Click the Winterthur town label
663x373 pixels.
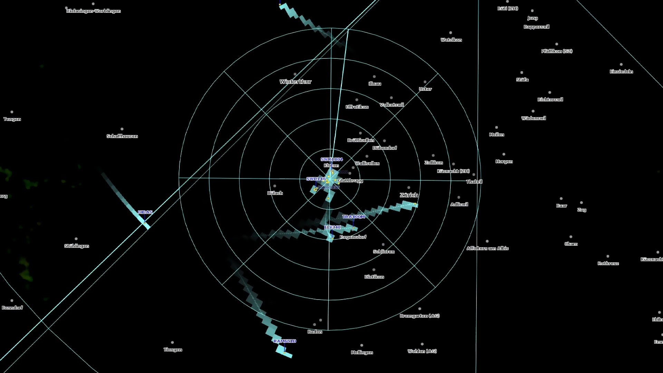click(x=295, y=82)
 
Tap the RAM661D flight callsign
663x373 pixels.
click(x=285, y=341)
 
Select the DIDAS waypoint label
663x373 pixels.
click(x=145, y=212)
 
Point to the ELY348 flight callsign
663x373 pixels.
click(x=333, y=227)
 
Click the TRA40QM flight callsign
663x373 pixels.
click(x=354, y=217)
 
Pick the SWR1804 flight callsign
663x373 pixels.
click(x=331, y=160)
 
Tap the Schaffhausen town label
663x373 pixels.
click(x=122, y=136)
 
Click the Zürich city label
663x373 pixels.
click(x=409, y=195)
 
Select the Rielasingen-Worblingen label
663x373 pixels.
click(x=94, y=11)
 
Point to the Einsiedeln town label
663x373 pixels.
click(x=621, y=71)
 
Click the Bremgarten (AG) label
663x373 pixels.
click(x=420, y=316)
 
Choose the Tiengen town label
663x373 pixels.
click(x=173, y=350)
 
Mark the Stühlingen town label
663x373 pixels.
click(x=77, y=246)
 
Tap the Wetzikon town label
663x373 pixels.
click(x=451, y=40)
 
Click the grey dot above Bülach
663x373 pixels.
click(x=275, y=186)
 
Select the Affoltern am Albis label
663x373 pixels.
click(x=488, y=248)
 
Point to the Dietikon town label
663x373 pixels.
click(x=374, y=277)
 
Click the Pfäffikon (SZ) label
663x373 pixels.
click(x=557, y=51)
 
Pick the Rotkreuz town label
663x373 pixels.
click(x=608, y=263)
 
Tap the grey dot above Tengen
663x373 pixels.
click(x=12, y=112)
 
